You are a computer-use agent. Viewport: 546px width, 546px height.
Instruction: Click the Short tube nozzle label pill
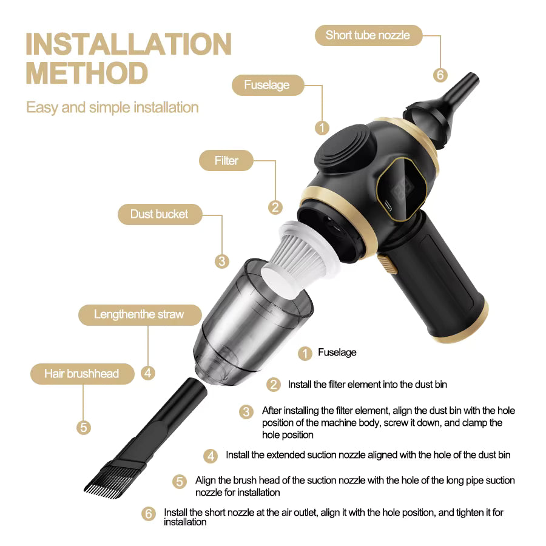[367, 35]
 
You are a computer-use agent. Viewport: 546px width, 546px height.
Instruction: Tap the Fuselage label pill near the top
[266, 85]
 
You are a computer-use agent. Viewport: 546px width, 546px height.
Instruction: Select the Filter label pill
[226, 161]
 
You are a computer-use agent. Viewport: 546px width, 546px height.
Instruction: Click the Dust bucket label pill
[159, 214]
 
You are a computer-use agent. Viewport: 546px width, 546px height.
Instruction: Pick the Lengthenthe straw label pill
[139, 314]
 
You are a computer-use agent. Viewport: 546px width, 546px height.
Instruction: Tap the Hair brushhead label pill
[82, 374]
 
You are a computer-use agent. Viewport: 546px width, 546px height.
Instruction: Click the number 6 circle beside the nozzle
[440, 75]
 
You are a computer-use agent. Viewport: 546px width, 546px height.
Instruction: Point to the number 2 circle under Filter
[275, 207]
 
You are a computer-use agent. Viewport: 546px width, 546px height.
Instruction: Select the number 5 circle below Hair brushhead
[84, 427]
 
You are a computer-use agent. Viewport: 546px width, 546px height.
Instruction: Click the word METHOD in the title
[87, 73]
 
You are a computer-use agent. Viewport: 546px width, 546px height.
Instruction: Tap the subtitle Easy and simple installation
[112, 108]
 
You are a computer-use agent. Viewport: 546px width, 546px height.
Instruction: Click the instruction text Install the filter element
[368, 385]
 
